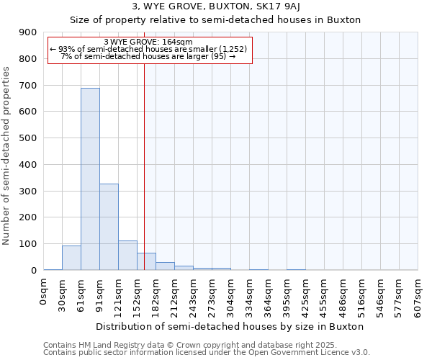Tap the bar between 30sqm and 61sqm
(71, 258)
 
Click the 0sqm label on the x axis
(44, 292)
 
